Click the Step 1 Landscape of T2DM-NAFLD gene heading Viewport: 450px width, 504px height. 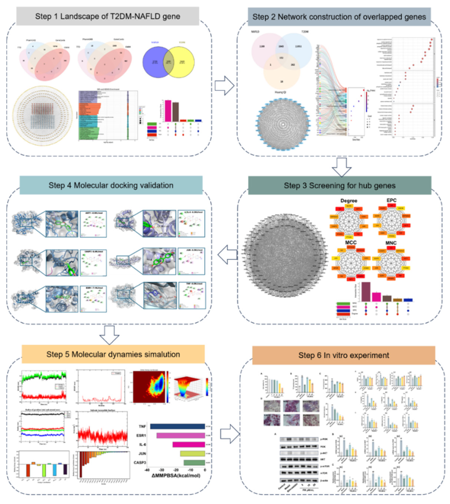click(107, 16)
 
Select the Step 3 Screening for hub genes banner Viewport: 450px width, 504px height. click(339, 185)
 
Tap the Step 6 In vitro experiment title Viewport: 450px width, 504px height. click(344, 355)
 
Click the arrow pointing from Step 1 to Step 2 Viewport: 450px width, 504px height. click(224, 85)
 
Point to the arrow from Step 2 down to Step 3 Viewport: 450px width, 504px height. click(341, 167)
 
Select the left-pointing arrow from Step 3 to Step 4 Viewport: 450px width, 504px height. click(228, 255)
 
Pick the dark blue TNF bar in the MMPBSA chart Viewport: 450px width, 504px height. click(177, 426)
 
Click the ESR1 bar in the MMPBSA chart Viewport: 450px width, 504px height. click(181, 435)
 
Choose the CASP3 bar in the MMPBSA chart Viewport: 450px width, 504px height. click(194, 462)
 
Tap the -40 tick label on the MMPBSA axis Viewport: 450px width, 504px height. click(147, 470)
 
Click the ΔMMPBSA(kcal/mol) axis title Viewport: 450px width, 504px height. click(176, 476)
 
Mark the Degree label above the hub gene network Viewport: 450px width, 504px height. click(349, 201)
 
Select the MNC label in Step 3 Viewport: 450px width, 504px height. click(391, 243)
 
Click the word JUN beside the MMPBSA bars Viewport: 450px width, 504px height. click(142, 453)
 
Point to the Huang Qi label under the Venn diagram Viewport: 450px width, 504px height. click(280, 92)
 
